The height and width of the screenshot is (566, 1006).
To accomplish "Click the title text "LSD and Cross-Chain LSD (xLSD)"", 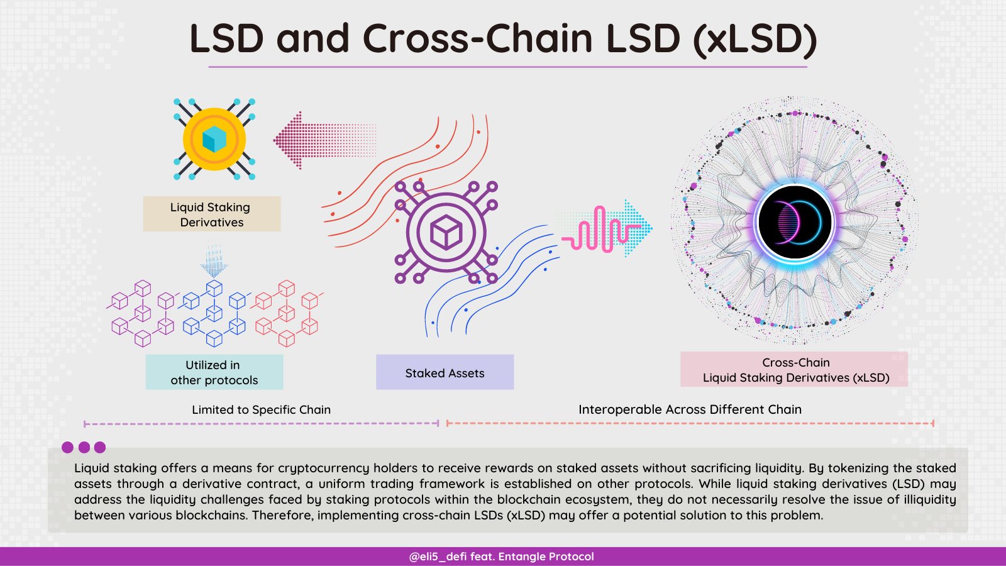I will click(x=503, y=39).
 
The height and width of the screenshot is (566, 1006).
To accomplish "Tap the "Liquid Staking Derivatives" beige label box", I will click(x=212, y=214).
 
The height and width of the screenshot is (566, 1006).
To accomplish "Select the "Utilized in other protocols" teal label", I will click(x=214, y=372).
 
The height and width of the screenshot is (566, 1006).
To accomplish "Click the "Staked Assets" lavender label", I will click(x=445, y=373).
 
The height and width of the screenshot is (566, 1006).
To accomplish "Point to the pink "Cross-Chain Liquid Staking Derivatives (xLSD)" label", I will click(x=795, y=370).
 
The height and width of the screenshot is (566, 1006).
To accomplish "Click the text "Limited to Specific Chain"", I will click(x=261, y=410).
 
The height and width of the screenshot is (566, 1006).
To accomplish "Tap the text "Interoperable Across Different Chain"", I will click(x=690, y=410).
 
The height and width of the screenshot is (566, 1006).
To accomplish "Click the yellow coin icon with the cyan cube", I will click(x=214, y=139).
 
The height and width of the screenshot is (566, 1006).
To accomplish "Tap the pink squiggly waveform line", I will click(x=594, y=230).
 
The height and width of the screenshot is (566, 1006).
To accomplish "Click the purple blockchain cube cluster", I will click(x=141, y=313).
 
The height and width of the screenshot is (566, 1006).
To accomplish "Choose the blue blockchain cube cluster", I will click(x=214, y=313).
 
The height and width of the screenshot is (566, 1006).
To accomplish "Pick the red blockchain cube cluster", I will click(x=287, y=313).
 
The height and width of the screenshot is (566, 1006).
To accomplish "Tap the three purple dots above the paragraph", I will click(x=84, y=448).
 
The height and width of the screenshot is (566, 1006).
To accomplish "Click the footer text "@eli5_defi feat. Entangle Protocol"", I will click(x=502, y=557).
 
